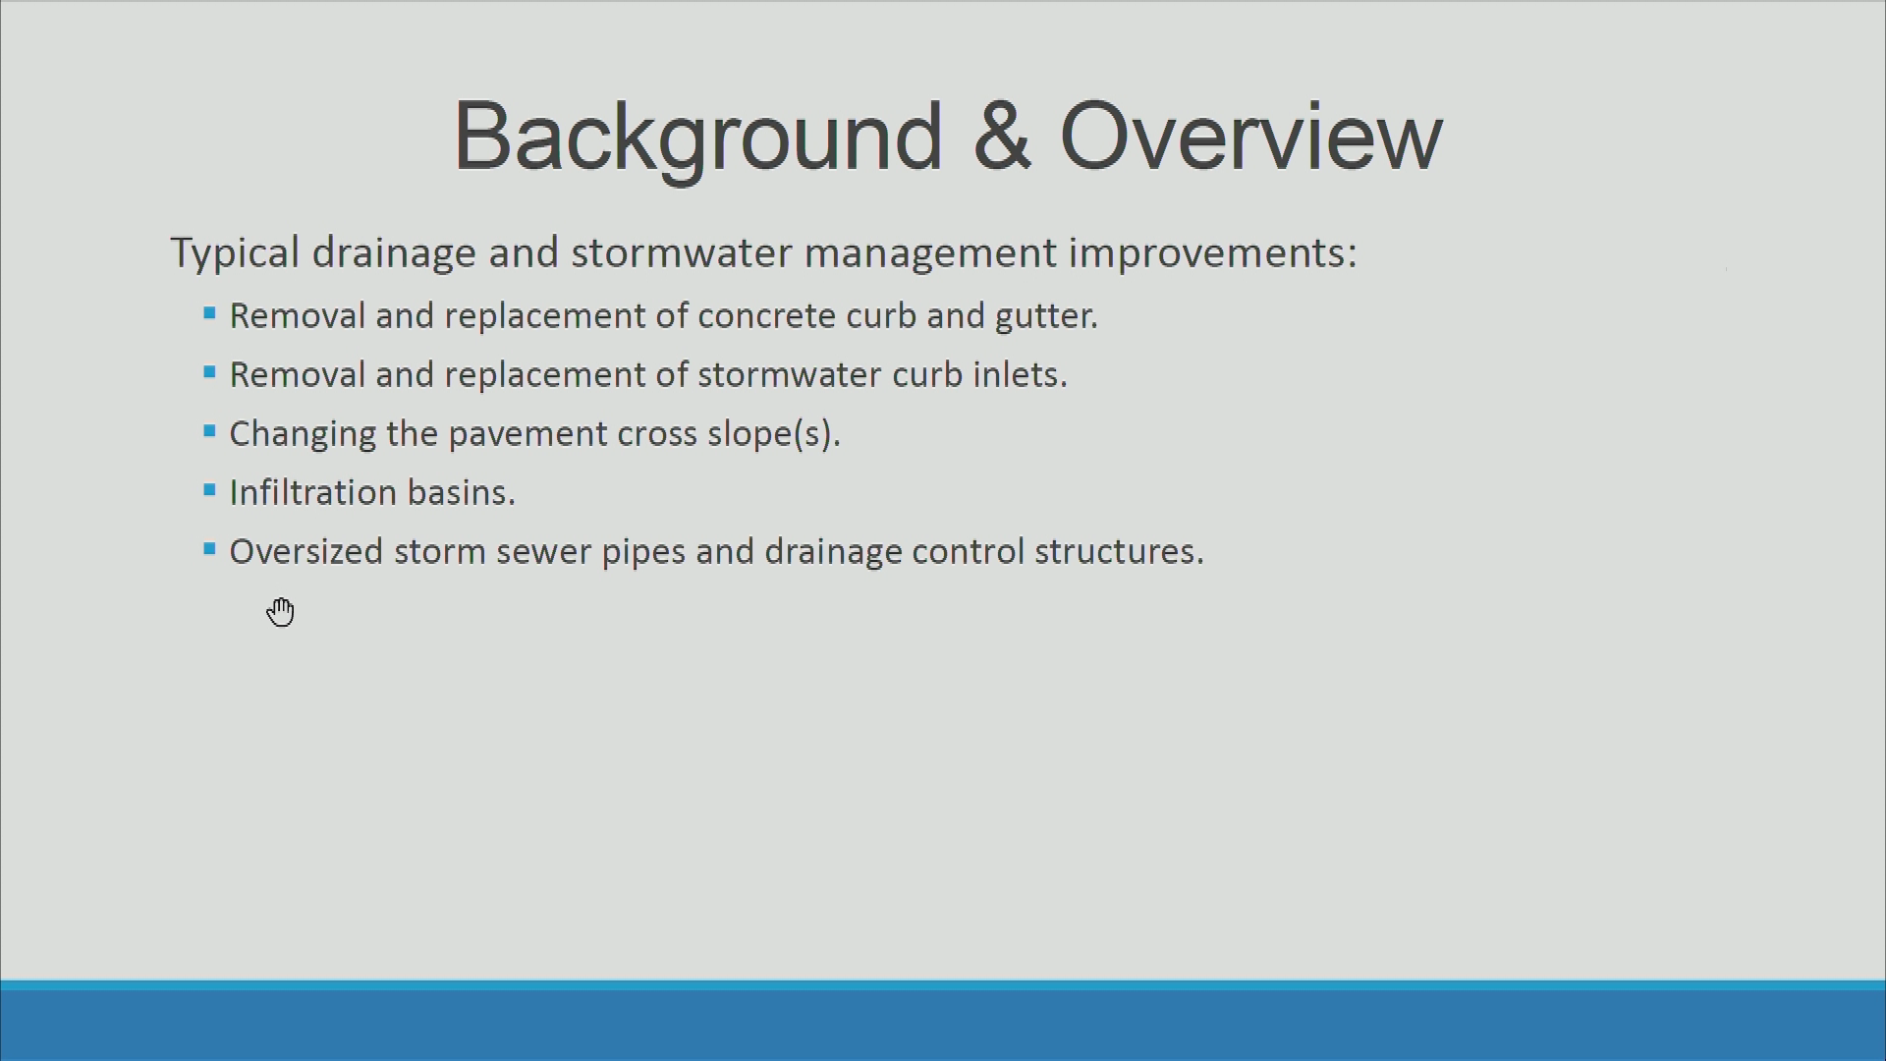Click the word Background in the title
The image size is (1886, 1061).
[x=698, y=138]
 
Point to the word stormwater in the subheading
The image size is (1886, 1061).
[x=682, y=252]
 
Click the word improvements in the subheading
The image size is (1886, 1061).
[x=1213, y=253]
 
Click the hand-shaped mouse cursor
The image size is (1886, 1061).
[x=281, y=611]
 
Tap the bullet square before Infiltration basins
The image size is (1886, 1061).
[x=209, y=489]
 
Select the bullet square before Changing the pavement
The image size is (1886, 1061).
[x=209, y=430]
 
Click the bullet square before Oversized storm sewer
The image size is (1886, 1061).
[x=209, y=548]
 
